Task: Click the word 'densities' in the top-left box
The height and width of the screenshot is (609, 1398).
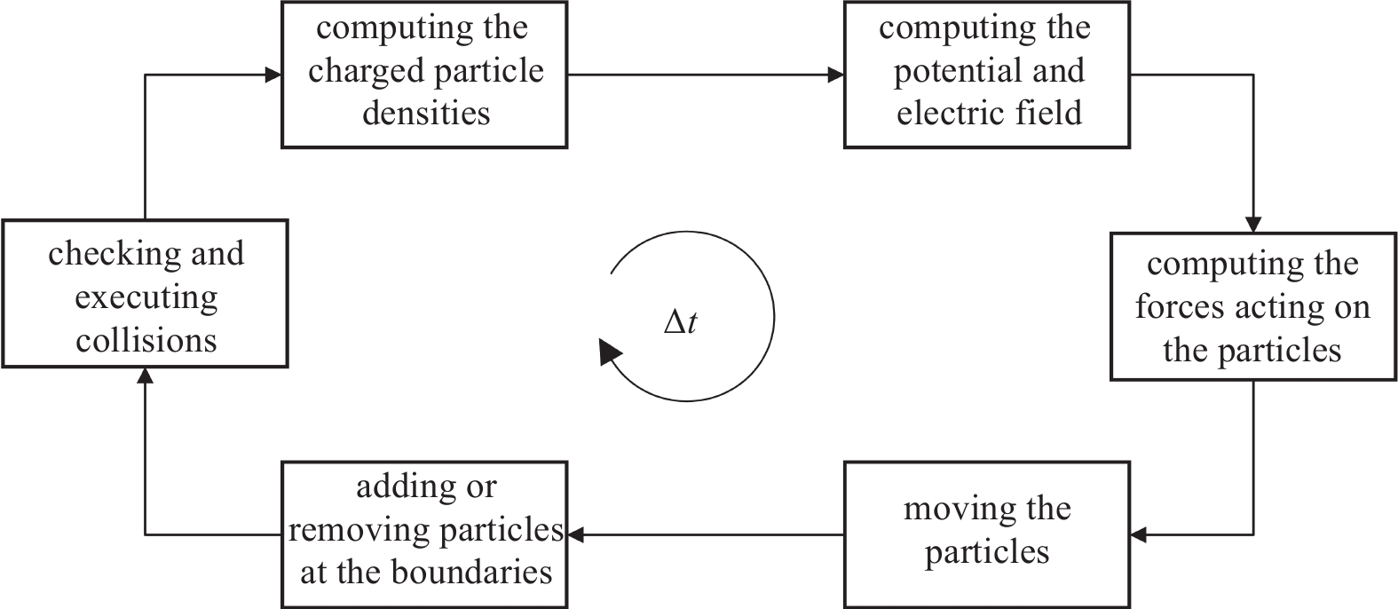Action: pos(426,114)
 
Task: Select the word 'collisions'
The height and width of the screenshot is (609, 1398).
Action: pos(146,340)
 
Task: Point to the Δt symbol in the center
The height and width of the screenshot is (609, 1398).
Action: pos(681,321)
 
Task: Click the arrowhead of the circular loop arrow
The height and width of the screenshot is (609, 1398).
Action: pos(609,352)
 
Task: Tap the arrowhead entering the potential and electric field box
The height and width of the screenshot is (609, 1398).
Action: pos(835,75)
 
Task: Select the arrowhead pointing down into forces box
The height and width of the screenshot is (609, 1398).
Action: pos(1253,224)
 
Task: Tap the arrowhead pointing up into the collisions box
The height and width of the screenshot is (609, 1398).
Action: pos(145,376)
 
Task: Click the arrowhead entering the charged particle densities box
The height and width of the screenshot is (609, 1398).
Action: pos(273,75)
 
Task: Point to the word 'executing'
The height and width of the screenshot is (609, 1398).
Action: pos(146,297)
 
